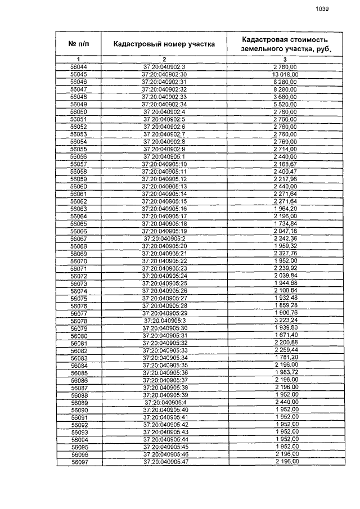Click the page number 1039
322,8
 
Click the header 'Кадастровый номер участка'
164,44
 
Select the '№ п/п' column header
79,44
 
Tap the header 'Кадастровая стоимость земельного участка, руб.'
285,44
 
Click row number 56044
79,67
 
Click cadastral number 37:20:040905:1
164,156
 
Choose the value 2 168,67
285,164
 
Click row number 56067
79,238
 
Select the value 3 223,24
285,321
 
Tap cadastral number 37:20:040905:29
164,313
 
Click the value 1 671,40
285,335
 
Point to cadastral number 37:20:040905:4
164,402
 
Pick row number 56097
79,462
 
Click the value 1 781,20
285,358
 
